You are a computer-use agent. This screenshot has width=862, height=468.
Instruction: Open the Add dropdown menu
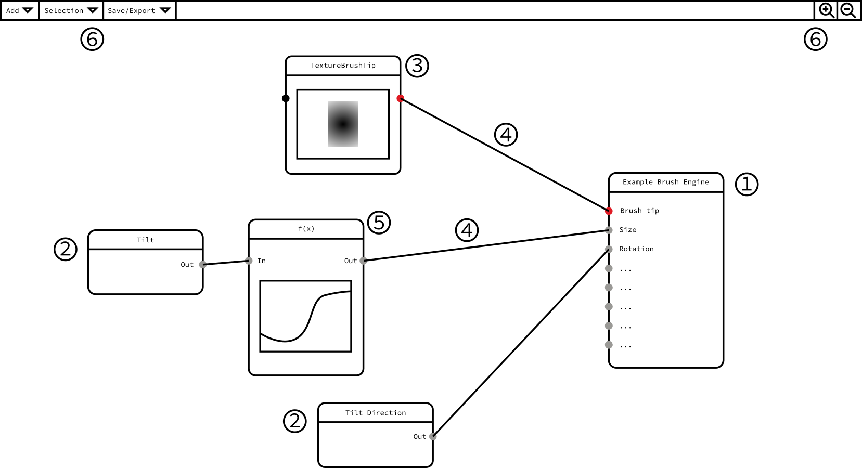(x=20, y=10)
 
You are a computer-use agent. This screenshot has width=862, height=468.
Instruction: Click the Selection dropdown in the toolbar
(x=71, y=10)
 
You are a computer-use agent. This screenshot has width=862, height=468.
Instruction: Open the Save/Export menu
(x=139, y=10)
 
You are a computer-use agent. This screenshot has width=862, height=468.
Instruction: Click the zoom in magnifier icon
(x=826, y=10)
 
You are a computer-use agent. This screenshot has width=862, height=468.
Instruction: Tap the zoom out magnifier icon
(x=848, y=10)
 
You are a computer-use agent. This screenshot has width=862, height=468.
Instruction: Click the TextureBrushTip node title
(x=343, y=66)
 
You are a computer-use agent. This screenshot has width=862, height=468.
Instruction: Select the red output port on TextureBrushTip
(x=400, y=98)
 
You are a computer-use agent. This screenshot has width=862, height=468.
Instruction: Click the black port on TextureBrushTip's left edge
(x=286, y=98)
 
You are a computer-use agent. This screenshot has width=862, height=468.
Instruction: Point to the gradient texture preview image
(x=343, y=124)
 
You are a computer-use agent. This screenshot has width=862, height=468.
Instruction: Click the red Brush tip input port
(x=609, y=211)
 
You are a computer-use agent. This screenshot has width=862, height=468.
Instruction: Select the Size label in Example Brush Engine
(x=627, y=230)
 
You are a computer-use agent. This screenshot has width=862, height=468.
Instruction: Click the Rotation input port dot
(x=609, y=249)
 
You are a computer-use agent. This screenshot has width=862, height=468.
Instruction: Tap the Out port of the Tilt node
(x=203, y=264)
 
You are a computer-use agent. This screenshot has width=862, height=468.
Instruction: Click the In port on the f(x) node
(x=249, y=261)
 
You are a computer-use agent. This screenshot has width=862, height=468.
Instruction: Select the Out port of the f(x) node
(x=363, y=261)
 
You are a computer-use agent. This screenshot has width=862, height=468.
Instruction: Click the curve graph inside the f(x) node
(x=305, y=316)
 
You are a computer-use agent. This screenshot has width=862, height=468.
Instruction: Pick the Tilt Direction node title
(x=376, y=413)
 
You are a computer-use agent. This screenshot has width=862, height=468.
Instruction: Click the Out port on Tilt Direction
(x=433, y=436)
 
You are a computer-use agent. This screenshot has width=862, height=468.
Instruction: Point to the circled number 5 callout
(x=379, y=223)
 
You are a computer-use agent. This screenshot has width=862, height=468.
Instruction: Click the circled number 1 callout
(x=747, y=184)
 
